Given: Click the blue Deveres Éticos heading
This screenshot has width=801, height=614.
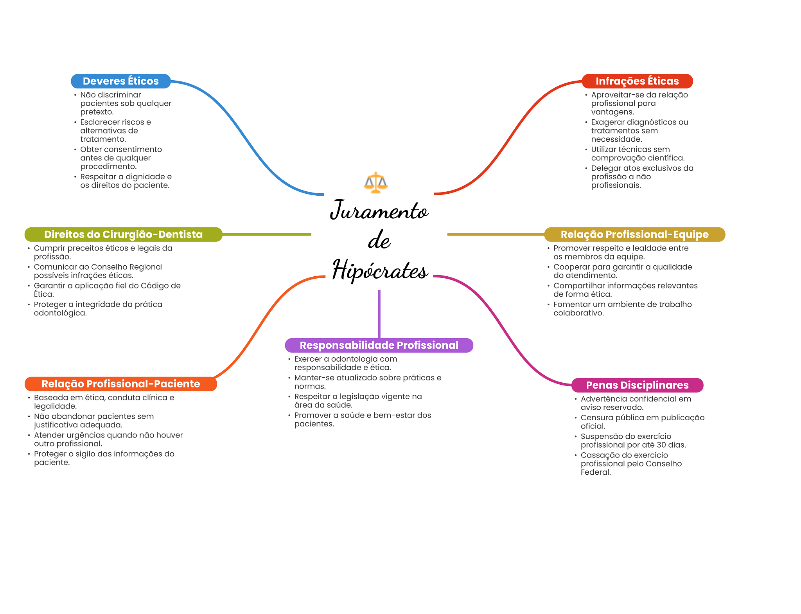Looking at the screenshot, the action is pyautogui.click(x=120, y=81).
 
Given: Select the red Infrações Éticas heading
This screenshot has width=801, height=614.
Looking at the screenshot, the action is pyautogui.click(x=637, y=81).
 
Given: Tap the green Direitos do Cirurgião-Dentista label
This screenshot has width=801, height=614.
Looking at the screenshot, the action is pyautogui.click(x=123, y=234).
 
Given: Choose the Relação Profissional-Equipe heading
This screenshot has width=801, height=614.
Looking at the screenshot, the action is pyautogui.click(x=634, y=234).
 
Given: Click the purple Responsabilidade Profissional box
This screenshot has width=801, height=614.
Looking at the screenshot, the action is pyautogui.click(x=379, y=345).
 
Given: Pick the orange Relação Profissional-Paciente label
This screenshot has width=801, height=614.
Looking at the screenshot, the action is pyautogui.click(x=120, y=384).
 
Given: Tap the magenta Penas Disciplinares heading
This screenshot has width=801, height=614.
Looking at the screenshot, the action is pyautogui.click(x=637, y=385).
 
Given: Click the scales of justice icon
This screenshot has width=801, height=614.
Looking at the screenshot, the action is pyautogui.click(x=375, y=182).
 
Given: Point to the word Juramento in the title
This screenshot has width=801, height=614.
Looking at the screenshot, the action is pyautogui.click(x=379, y=211).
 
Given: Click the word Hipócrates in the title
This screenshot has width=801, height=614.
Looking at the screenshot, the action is pyautogui.click(x=379, y=270).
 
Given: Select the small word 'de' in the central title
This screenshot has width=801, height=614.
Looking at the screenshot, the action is pyautogui.click(x=379, y=240).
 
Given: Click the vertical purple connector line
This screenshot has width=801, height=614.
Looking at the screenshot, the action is pyautogui.click(x=379, y=313).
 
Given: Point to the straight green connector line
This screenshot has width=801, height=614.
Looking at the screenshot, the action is pyautogui.click(x=266, y=234).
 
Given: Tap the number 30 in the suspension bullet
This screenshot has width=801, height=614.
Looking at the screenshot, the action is pyautogui.click(x=661, y=445).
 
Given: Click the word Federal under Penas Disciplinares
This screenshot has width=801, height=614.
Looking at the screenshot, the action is pyautogui.click(x=595, y=472).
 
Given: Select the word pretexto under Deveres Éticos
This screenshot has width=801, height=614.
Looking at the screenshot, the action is pyautogui.click(x=97, y=112).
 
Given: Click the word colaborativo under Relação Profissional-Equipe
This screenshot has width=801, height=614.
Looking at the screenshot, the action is pyautogui.click(x=578, y=313).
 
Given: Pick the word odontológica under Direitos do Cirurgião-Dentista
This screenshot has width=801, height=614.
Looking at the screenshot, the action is pyautogui.click(x=60, y=313).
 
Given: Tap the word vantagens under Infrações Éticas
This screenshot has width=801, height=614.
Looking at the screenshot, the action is pyautogui.click(x=612, y=112).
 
